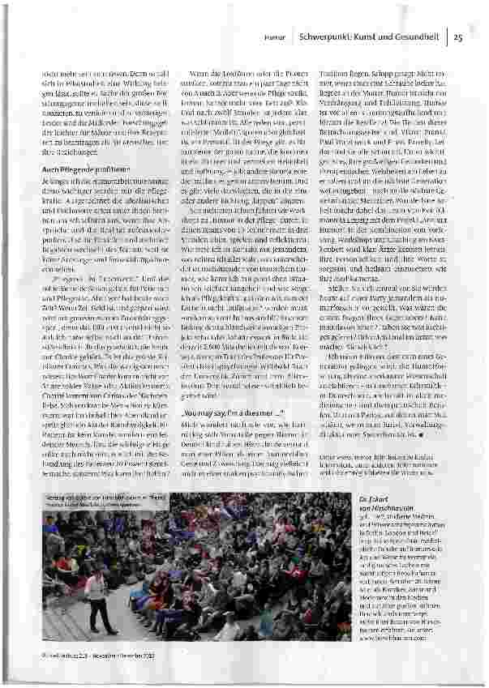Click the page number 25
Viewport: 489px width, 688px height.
click(x=457, y=36)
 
